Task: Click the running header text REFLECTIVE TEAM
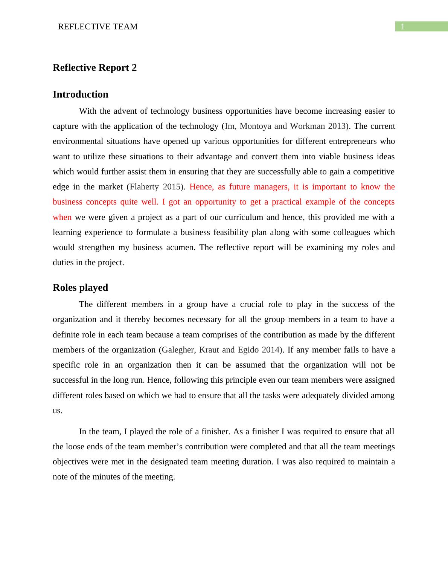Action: pos(98,27)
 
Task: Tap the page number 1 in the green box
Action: pos(403,27)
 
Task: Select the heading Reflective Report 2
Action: pos(95,67)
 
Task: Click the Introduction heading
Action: pos(81,94)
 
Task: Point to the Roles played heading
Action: pos(80,287)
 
